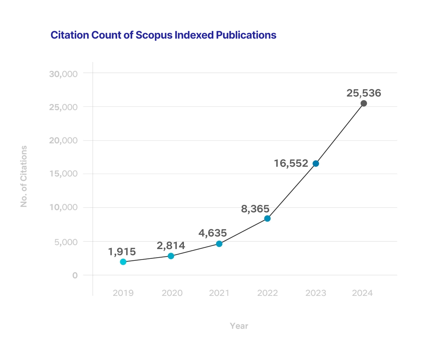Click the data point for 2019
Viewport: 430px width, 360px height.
[x=123, y=261]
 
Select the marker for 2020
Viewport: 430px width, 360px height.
[x=171, y=256]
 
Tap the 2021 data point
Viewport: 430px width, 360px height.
[x=219, y=244]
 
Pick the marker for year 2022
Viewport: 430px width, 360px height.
[x=267, y=218]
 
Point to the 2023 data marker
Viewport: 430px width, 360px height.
[x=316, y=163]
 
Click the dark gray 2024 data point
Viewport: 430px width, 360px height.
[x=364, y=103]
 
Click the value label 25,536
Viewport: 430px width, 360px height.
[x=364, y=93]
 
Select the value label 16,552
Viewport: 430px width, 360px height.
[x=291, y=163]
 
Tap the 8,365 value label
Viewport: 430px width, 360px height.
[x=255, y=209]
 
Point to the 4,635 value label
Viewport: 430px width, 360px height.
[x=212, y=233]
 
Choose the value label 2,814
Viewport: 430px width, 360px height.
[x=171, y=245]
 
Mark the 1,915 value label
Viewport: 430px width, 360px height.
[x=122, y=252]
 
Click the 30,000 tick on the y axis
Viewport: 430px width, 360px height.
[x=63, y=74]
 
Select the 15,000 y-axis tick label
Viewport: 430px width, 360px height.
[x=63, y=173]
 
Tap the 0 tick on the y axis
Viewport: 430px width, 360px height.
[x=75, y=275]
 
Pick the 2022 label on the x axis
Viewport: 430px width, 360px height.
[x=267, y=293]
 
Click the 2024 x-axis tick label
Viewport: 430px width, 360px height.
[x=362, y=293]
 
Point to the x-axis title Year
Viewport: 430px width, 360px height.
[x=239, y=326]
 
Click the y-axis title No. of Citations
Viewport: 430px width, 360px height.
[x=24, y=176]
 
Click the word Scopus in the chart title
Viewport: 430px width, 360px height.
[x=154, y=35]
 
